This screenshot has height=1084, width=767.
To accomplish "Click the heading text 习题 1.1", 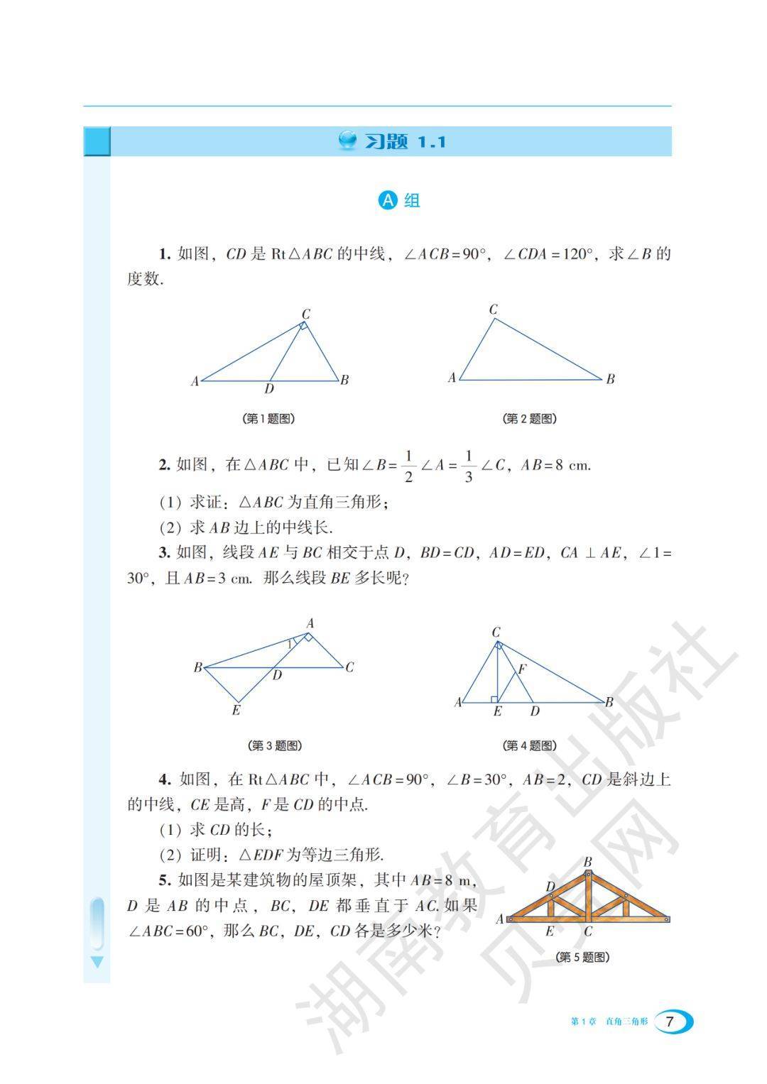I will coord(405,142).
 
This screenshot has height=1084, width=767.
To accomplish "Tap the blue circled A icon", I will coord(387,201).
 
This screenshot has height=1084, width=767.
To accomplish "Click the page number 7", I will coord(669,1022).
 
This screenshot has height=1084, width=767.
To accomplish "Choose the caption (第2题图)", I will coord(529,419).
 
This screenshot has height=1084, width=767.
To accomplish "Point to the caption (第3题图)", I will coord(276,745).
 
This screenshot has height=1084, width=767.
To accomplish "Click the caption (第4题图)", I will coord(529,745).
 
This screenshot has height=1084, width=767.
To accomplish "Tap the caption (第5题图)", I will coord(582,957).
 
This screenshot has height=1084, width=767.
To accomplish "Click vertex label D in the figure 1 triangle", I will coord(269,389).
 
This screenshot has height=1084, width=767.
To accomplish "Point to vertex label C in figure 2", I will coord(493,310).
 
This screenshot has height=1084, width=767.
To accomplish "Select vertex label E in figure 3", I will coord(236,710).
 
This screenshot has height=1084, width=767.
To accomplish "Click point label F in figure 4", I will coord(522,669).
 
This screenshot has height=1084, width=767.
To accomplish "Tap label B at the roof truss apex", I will coord(587,863).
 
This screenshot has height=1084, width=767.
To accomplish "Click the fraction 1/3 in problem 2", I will coord(468,466).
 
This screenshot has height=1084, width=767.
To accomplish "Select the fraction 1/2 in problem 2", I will coord(408,466).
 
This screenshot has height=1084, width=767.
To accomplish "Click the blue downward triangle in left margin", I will coord(97,962).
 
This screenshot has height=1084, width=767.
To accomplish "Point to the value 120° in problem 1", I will coord(572,255).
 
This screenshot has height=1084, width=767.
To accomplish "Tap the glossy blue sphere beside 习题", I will coord(348,141).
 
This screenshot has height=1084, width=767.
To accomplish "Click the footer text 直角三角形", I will coord(626,1022).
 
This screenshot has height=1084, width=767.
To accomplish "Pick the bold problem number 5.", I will coord(165,881).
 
